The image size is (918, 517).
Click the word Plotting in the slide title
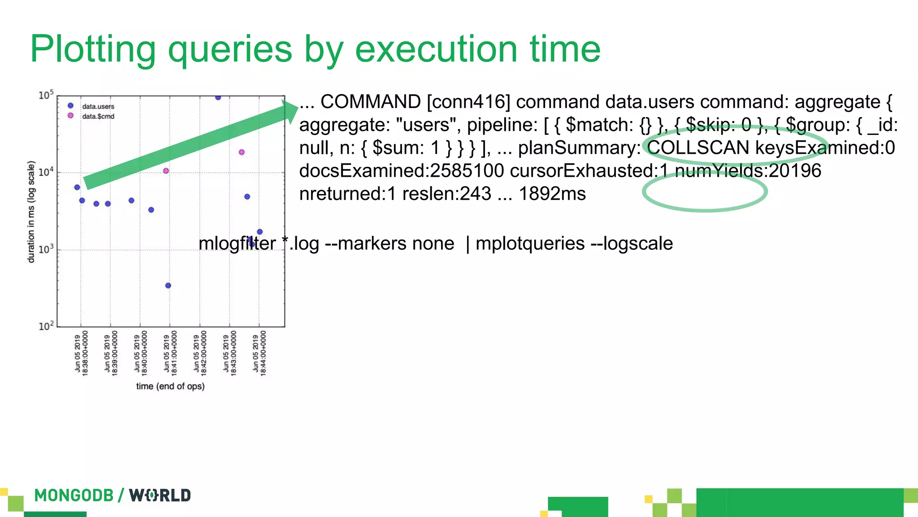coord(93,49)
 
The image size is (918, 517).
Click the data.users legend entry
coord(98,106)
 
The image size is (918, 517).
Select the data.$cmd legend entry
coord(98,116)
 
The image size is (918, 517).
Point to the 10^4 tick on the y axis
coord(46,172)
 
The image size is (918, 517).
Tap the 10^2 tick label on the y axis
coord(46,326)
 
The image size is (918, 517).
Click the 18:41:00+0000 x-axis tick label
coord(170,353)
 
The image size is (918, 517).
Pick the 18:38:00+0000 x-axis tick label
coord(81,353)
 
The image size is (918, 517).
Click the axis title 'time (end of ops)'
coord(170,386)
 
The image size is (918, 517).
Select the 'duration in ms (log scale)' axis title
coord(31,212)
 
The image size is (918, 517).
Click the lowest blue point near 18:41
coord(168,286)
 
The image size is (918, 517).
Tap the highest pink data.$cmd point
coord(242,152)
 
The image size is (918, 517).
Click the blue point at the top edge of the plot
coord(218,97)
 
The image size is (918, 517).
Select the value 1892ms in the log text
coord(552,194)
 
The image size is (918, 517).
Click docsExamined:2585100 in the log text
coord(401,171)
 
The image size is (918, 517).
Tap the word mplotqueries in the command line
coord(530,243)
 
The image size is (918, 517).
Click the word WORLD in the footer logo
coord(160,495)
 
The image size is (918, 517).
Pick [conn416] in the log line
coord(468,102)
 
